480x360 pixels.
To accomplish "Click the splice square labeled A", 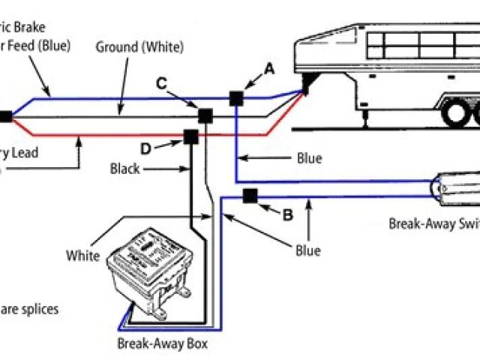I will point(236,97).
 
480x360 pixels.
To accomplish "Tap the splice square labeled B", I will point(250,196).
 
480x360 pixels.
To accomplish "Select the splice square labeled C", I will point(204,115).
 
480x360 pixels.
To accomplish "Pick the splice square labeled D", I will point(190,136).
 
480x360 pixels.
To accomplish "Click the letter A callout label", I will point(269,68).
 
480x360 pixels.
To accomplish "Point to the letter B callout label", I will point(286,214).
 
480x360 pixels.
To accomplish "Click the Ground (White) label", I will point(139,47).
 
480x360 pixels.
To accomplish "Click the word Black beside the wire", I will point(124,169).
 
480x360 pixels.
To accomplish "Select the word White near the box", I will point(82,256).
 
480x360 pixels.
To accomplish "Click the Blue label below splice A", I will point(309,158).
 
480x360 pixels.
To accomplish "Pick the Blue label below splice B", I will point(307,250).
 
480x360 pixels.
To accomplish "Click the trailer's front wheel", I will point(455,114).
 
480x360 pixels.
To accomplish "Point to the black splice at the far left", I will point(4,116).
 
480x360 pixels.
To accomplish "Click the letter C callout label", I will point(161,83).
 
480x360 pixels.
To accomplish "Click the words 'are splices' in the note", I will point(29,308).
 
